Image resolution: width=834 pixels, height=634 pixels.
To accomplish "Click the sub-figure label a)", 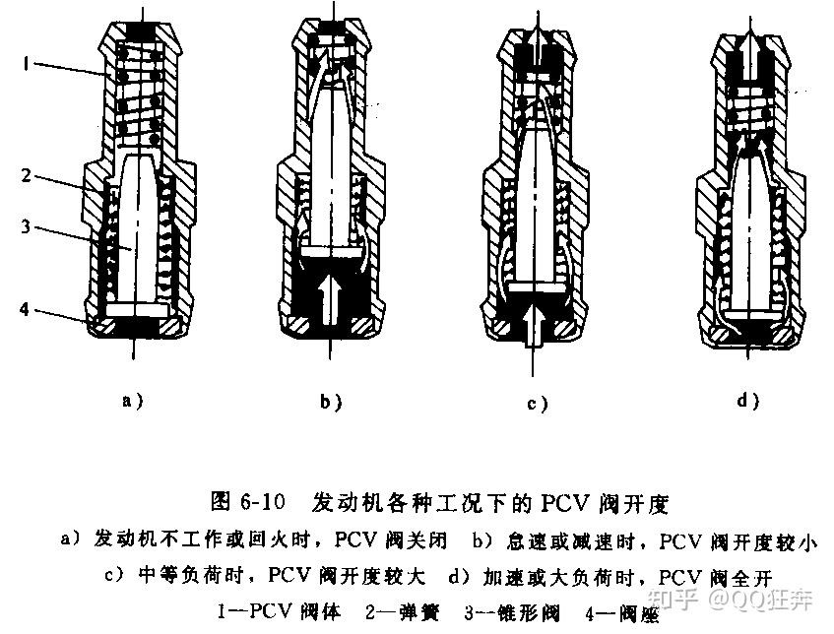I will (131, 401).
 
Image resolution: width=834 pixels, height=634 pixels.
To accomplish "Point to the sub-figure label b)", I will (330, 401).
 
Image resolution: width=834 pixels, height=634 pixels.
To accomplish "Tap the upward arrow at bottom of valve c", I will (533, 325).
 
